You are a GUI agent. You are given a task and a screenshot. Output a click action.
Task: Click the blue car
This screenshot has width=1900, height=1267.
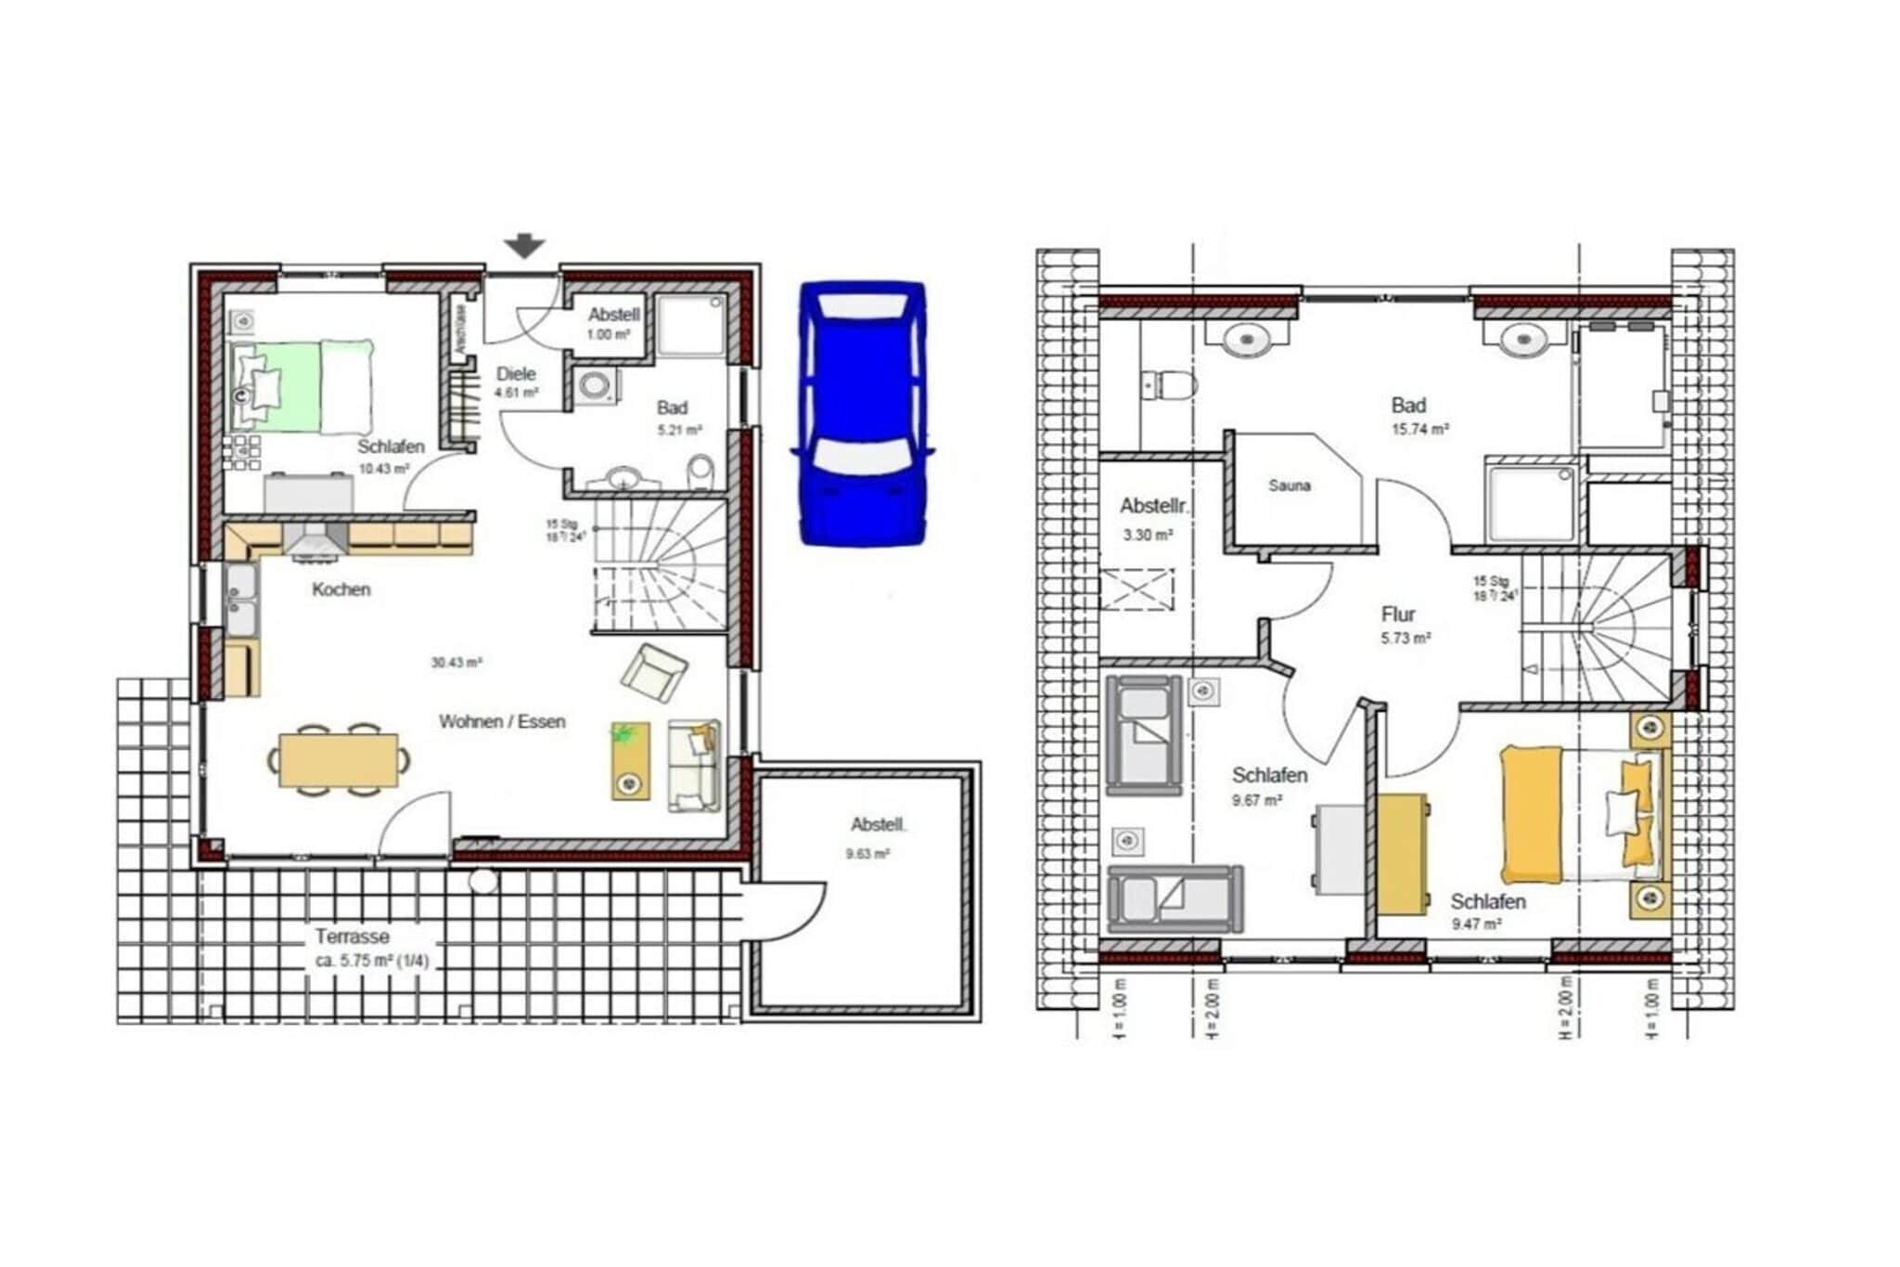862,413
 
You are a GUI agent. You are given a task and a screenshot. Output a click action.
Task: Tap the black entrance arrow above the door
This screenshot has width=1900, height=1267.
524,246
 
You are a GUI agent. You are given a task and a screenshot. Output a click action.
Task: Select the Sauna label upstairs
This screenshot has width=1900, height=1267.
1290,485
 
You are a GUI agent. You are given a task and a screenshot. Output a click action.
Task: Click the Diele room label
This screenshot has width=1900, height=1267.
516,374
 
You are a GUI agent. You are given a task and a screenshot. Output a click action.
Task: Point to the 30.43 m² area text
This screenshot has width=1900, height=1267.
456,663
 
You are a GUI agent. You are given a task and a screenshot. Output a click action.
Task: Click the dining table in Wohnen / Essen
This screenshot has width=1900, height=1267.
339,760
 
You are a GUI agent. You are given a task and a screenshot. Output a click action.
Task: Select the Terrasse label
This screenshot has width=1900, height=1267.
352,937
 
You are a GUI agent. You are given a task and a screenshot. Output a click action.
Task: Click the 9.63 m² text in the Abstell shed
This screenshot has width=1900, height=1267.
868,854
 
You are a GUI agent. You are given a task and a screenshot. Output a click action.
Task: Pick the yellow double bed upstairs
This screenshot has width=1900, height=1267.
1577,815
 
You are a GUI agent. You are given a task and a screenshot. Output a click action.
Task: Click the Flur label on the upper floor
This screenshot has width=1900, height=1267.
1398,614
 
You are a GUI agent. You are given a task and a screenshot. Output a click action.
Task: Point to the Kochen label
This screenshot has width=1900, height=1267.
341,589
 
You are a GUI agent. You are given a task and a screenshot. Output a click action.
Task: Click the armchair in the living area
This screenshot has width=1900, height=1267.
654,672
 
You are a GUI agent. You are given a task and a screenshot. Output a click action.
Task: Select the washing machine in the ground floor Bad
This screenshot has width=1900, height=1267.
595,385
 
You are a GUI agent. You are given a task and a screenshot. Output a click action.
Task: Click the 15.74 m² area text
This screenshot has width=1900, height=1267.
1419,429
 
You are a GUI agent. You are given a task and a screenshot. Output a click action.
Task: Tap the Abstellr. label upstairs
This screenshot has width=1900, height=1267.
1153,507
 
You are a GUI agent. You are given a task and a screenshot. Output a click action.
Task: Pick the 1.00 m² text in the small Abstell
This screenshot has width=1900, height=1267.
610,335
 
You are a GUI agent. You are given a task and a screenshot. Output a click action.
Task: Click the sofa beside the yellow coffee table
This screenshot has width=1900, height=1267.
694,767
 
